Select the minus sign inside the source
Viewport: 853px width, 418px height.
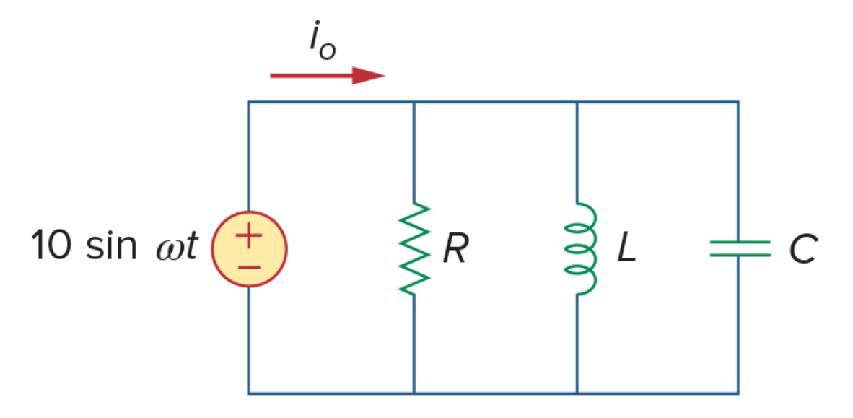249,266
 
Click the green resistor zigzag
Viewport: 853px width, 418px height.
414,249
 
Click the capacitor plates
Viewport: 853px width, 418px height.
740,248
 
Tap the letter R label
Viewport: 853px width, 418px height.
455,249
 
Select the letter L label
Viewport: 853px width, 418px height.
626,249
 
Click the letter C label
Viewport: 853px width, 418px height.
803,249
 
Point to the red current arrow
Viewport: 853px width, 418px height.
328,76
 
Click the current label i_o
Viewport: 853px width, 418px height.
323,41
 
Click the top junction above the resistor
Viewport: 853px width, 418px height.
414,102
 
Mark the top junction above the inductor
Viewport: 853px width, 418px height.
577,102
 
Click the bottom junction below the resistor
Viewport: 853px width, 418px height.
414,393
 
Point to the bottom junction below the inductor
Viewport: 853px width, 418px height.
577,393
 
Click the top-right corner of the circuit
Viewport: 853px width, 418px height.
738,102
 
